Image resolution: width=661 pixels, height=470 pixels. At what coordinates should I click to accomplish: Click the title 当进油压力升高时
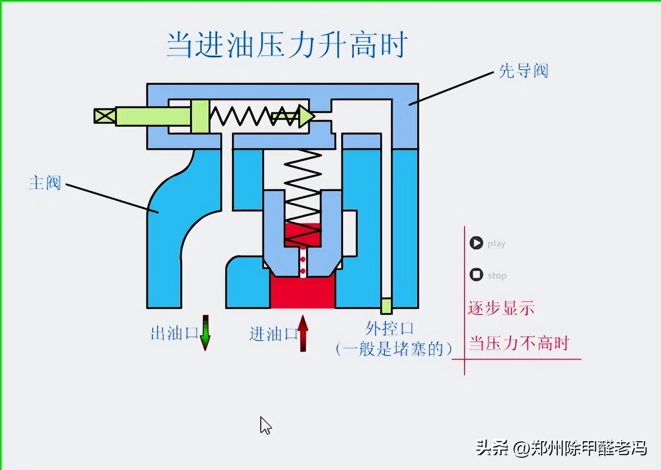[287, 45]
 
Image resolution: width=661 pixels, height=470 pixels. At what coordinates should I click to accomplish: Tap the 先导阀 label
[523, 71]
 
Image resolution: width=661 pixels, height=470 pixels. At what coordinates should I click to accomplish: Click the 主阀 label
[45, 183]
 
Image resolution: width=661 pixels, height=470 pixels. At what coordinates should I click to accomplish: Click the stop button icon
[476, 274]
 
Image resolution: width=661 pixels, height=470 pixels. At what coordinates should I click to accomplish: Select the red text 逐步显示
[501, 308]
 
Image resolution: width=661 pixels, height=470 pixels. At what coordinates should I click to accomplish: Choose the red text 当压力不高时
[519, 343]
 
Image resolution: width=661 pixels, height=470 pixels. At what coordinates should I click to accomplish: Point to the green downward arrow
[205, 333]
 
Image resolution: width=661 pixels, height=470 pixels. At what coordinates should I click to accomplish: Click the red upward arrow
[303, 333]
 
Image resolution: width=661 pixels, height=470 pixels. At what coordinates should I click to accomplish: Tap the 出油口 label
[174, 333]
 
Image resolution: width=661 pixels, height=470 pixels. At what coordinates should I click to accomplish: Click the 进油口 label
[273, 334]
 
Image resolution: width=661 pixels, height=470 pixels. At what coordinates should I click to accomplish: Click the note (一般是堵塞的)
[394, 349]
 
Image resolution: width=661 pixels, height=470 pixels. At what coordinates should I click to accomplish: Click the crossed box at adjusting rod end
[105, 116]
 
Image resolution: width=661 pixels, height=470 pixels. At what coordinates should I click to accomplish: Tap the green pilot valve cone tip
[307, 116]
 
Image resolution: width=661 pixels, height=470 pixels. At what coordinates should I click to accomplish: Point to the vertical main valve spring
[302, 195]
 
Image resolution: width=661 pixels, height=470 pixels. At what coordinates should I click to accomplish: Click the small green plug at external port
[386, 306]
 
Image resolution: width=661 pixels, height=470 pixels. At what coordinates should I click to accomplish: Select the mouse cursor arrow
[265, 425]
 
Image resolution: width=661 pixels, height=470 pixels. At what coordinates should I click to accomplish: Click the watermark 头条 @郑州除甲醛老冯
[561, 448]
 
